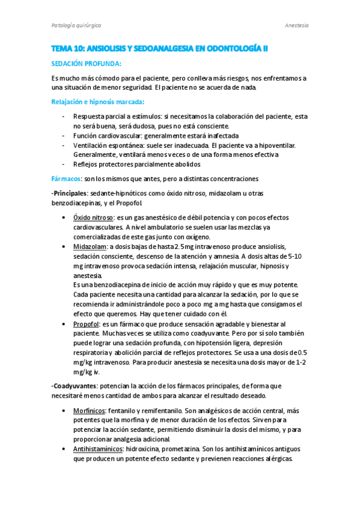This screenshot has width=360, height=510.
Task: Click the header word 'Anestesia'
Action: (296, 25)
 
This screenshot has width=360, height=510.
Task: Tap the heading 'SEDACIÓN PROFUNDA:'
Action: (87, 64)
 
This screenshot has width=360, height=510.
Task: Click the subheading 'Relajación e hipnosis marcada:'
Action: (97, 102)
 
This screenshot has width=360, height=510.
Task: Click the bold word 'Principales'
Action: (70, 193)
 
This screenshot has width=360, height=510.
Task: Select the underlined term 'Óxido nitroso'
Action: (92, 217)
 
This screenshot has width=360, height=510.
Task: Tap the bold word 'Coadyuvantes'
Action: (74, 386)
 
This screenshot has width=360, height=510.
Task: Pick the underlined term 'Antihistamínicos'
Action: (98, 449)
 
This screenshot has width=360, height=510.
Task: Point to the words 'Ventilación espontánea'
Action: (110, 146)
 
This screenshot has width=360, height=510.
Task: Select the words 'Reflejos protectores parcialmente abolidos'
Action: (136, 164)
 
